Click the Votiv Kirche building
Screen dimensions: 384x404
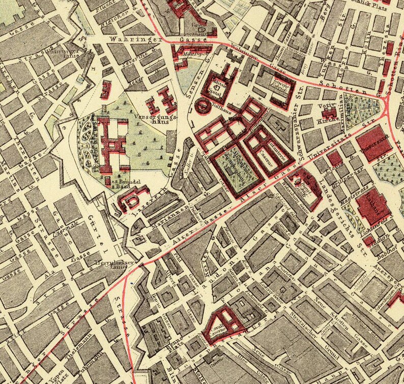(x=330, y=113)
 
